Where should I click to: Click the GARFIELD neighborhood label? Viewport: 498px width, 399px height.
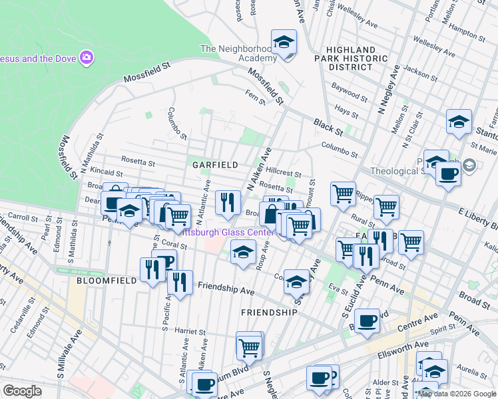coord(215,164)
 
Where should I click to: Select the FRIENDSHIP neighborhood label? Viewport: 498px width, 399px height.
coord(269,312)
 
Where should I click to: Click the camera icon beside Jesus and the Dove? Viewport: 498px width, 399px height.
coord(86,58)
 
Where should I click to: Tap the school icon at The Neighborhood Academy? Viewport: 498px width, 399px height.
coord(284,43)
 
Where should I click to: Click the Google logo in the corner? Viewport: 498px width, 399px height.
coord(22,391)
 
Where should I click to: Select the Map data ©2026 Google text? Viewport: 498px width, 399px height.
coord(457,394)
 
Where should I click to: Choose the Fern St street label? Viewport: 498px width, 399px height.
coord(256,98)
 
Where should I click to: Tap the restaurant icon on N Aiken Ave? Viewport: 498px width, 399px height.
coord(228,201)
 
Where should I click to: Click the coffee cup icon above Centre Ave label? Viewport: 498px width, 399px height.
coord(366,322)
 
